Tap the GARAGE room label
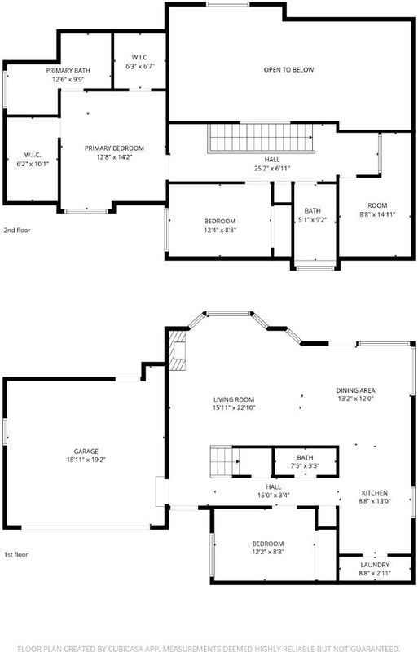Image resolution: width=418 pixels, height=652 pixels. point(86,452)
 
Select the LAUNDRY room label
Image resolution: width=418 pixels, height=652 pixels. point(375,565)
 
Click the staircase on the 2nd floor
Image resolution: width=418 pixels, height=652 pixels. point(261,138)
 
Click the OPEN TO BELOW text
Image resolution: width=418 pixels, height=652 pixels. point(288,70)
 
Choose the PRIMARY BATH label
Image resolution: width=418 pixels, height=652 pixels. point(68,70)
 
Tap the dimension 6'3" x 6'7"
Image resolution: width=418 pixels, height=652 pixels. point(140,66)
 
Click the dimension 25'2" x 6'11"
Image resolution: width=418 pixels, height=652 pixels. point(272,169)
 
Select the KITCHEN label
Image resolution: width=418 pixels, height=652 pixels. point(375,493)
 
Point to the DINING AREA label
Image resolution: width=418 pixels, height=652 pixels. point(355,390)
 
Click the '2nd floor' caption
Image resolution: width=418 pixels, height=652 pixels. point(17,230)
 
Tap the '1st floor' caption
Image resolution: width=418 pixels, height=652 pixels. point(16,554)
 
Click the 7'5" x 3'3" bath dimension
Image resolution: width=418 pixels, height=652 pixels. point(306,466)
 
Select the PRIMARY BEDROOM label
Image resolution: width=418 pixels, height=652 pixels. point(114,148)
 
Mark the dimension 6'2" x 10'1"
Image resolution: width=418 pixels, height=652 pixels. point(33,165)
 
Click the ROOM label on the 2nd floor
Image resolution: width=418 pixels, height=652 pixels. point(377,205)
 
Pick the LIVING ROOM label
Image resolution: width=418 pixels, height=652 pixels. point(234,399)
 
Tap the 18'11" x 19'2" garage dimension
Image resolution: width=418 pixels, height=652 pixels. point(86,460)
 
